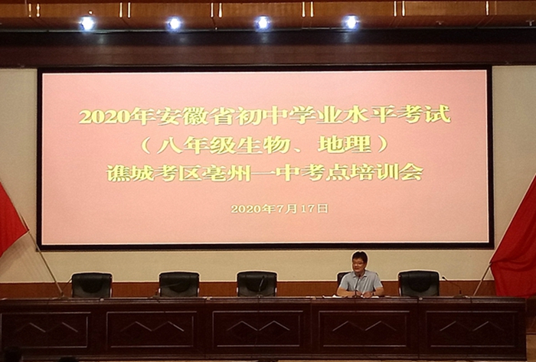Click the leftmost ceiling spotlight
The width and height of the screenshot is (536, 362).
(87, 23)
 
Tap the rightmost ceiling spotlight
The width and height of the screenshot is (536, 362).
(351, 22)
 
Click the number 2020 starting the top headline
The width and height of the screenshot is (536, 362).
(105, 116)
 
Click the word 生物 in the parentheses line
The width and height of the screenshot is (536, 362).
(264, 145)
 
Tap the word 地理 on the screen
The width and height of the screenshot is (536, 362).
(345, 145)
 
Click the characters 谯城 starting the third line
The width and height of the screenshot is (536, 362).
(131, 173)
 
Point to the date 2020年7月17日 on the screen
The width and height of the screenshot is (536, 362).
(279, 208)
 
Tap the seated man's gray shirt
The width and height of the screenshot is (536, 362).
(360, 283)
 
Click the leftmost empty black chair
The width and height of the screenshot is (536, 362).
(92, 285)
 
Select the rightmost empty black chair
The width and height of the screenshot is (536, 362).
(419, 283)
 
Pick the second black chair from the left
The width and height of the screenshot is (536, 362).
(178, 284)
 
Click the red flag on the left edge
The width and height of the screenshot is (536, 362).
(11, 219)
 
